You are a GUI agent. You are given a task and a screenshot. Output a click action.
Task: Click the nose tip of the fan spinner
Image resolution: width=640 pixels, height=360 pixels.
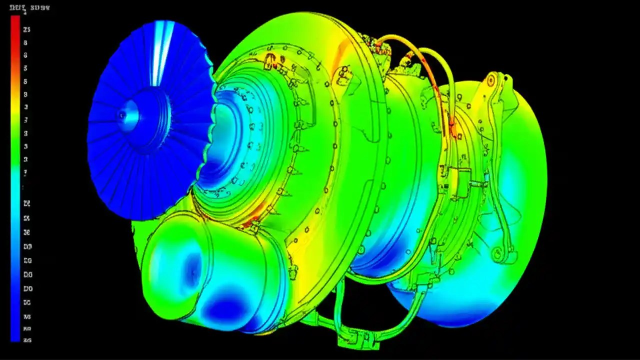click(122, 115)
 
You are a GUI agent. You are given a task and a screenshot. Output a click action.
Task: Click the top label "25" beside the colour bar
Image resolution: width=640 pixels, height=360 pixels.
click(26, 29)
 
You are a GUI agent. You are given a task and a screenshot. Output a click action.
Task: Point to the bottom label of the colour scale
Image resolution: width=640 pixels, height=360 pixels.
click(27, 340)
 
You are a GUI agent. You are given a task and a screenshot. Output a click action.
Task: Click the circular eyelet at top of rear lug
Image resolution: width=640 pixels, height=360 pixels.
click(491, 79)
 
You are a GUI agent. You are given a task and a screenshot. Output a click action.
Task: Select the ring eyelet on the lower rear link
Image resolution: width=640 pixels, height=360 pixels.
click(496, 253)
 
